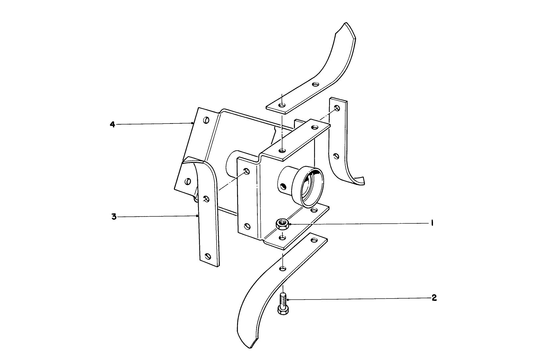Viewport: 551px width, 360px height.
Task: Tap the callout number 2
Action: pyautogui.click(x=434, y=298)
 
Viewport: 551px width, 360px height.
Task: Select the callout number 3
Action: pyautogui.click(x=114, y=217)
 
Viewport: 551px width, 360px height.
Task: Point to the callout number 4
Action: pyautogui.click(x=112, y=124)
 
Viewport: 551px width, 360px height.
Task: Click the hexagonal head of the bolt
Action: pyautogui.click(x=283, y=310)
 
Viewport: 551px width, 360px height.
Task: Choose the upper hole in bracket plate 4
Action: pyautogui.click(x=206, y=120)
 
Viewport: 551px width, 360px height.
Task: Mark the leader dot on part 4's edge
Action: pyautogui.click(x=192, y=123)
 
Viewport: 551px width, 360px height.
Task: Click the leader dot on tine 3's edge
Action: pyautogui.click(x=197, y=216)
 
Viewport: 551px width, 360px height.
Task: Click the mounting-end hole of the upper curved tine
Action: pyautogui.click(x=282, y=105)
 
